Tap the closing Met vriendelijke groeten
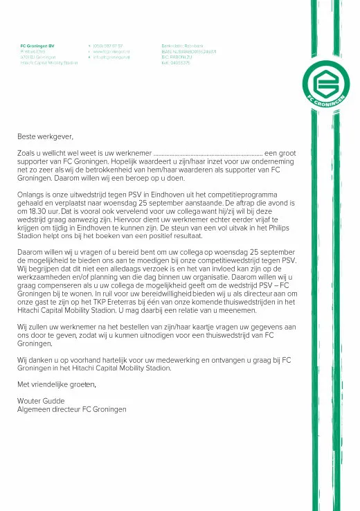pyautogui.click(x=57, y=384)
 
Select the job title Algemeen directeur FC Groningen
pyautogui.click(x=71, y=409)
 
